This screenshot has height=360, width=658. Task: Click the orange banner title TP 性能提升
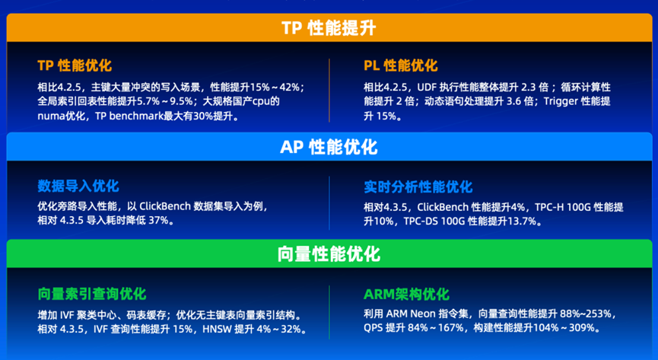[x=329, y=28]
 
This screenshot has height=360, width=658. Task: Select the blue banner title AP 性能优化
[x=329, y=147]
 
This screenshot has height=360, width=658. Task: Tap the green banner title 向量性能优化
[x=329, y=253]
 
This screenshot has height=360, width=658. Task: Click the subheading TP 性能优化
[x=75, y=66]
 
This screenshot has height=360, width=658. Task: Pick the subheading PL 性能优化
[x=401, y=66]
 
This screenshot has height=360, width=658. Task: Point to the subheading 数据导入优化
[x=78, y=186]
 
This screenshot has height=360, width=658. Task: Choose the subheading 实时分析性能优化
[x=418, y=186]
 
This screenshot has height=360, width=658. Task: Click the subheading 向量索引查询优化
[x=92, y=294]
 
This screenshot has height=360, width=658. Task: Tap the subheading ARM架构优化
[x=406, y=294]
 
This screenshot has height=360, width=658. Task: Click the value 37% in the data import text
[x=161, y=221]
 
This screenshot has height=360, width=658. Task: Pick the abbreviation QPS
[x=375, y=329]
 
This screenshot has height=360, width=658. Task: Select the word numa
[x=51, y=116]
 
